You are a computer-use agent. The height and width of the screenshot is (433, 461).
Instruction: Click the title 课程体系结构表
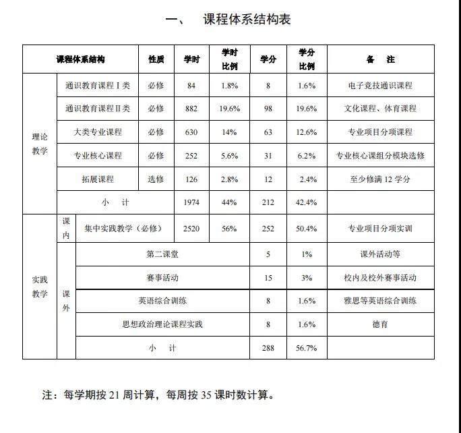[x=247, y=20]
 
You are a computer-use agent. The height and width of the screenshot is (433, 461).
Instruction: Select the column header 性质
[x=156, y=59]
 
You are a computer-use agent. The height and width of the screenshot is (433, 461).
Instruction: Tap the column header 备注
[x=381, y=59]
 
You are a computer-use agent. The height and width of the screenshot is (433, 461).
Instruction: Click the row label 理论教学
[x=40, y=144]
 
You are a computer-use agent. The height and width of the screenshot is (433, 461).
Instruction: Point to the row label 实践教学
[x=40, y=286]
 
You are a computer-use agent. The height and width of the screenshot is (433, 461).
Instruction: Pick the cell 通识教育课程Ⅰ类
[x=98, y=86]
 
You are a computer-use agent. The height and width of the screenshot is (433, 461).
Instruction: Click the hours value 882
[x=191, y=109]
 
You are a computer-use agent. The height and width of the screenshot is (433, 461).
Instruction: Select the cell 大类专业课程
[x=98, y=132]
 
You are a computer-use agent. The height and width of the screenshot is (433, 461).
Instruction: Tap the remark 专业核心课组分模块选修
[x=380, y=156]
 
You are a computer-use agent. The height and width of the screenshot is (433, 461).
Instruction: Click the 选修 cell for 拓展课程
[x=156, y=179]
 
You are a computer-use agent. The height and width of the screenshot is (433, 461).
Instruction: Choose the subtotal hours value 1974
[x=191, y=202]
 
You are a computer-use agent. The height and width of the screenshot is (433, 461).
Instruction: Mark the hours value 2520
[x=191, y=229]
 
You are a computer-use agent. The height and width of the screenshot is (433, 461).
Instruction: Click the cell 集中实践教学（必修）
[x=123, y=229]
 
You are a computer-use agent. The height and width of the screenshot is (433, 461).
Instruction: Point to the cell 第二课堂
[x=162, y=254]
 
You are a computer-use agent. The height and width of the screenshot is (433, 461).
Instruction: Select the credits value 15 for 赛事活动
[x=268, y=278]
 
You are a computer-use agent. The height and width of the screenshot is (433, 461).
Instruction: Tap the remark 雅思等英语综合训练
[x=380, y=301]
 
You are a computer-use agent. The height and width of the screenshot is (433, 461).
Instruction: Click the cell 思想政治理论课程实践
[x=162, y=324]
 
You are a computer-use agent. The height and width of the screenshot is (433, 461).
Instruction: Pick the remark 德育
[x=380, y=324]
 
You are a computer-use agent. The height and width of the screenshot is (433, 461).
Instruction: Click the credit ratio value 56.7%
[x=307, y=348]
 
